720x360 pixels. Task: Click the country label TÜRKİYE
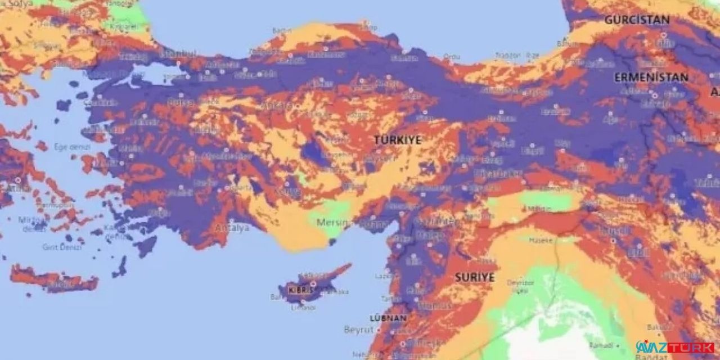click(398, 140)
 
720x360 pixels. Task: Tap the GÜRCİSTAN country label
click(637, 20)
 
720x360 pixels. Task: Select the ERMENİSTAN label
click(651, 78)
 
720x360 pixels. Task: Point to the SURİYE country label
click(474, 277)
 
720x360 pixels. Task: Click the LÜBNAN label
click(388, 318)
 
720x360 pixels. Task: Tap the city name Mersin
click(332, 222)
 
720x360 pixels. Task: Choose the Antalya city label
click(232, 228)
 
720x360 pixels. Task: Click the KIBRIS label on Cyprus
click(300, 290)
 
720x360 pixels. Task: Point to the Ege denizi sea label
click(68, 147)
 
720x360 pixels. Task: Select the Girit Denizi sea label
click(60, 247)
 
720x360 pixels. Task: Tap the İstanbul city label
click(179, 53)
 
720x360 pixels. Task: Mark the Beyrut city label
click(358, 329)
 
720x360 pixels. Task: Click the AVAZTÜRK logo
click(675, 348)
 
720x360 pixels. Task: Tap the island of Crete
click(53, 280)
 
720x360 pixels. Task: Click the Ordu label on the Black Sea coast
click(451, 57)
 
